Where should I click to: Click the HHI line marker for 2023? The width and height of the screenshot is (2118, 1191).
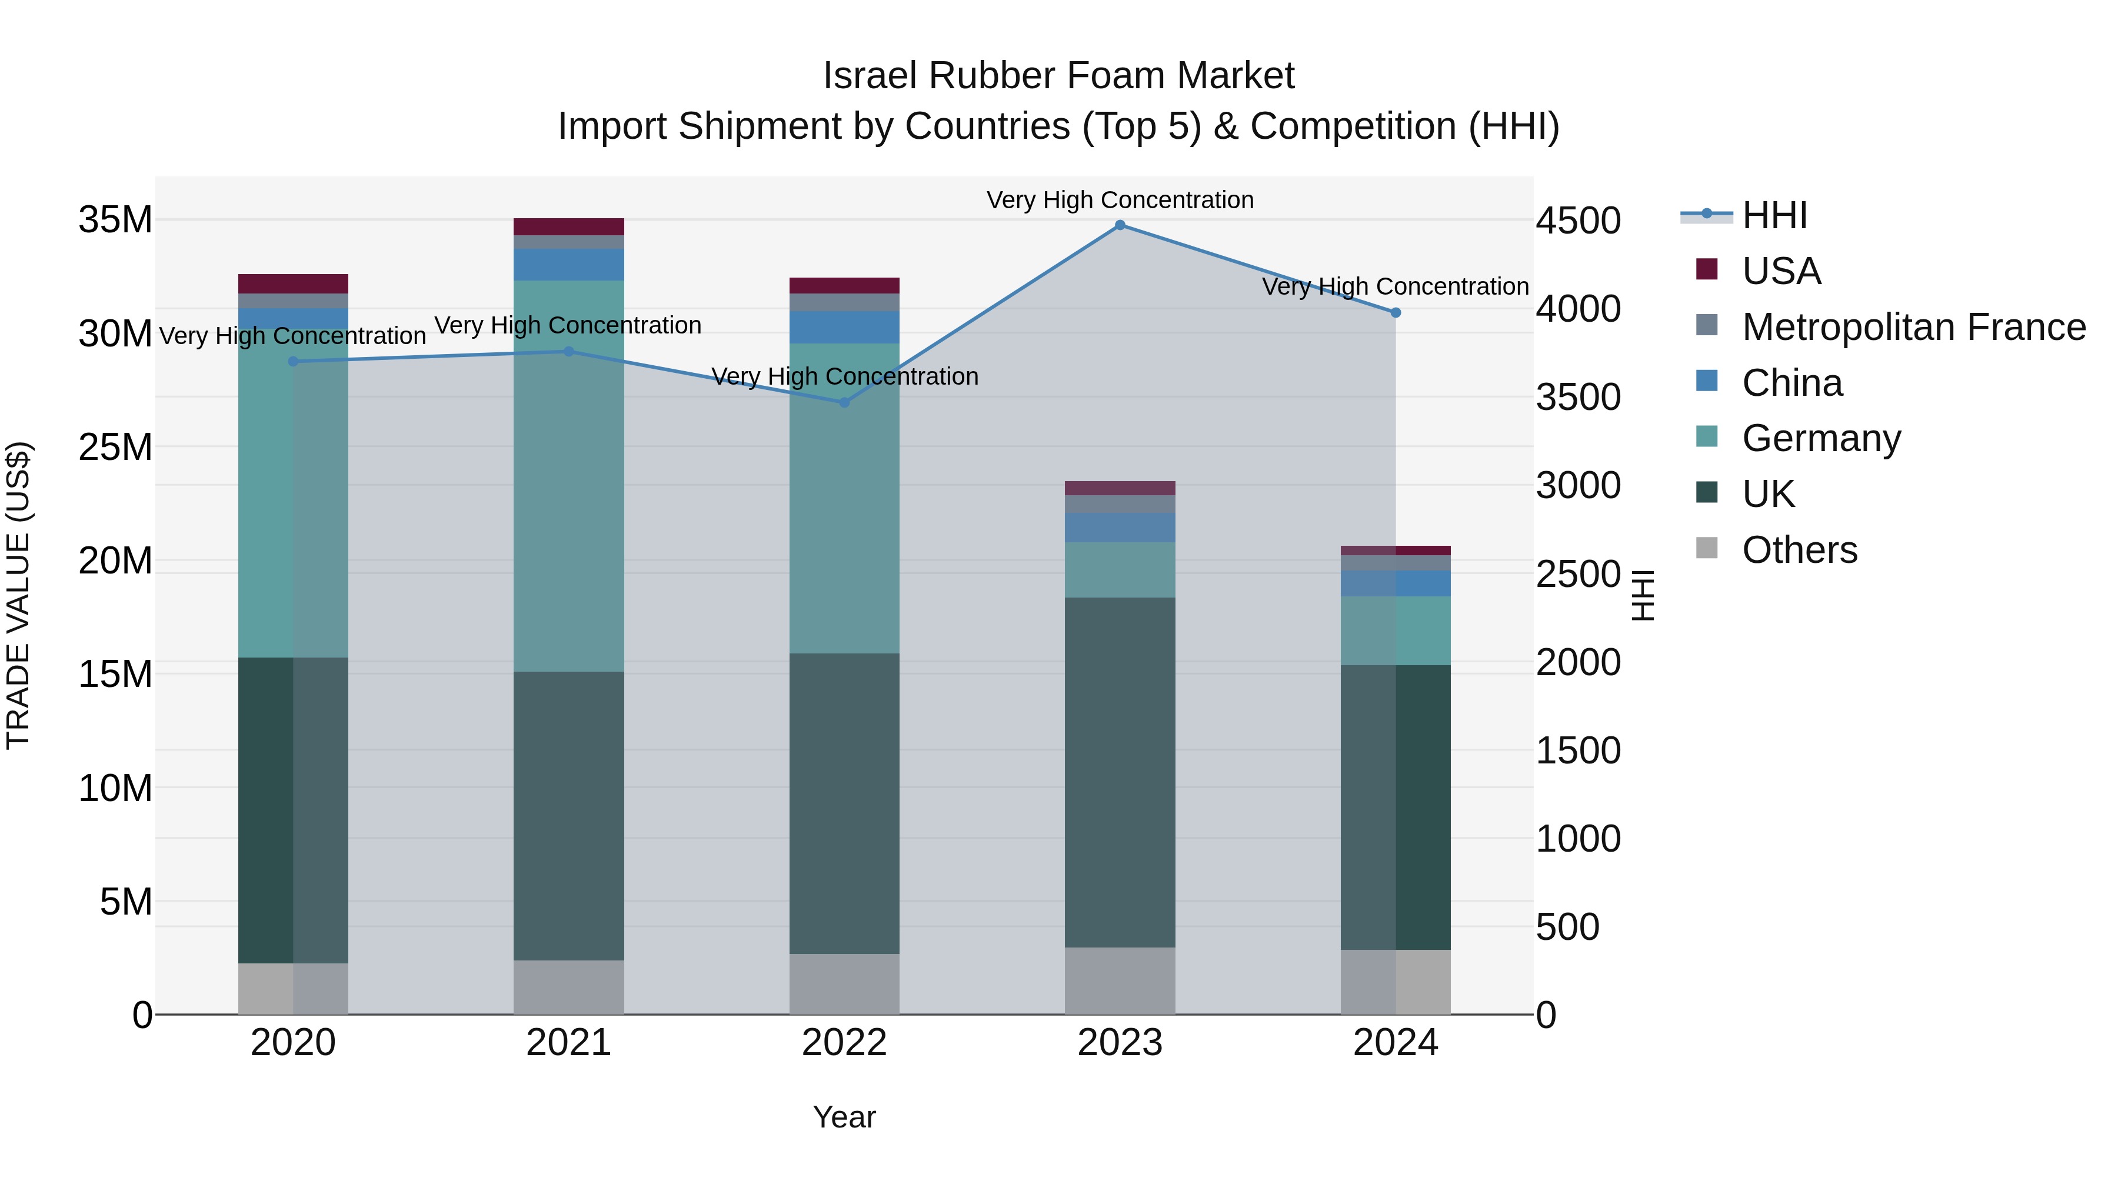[1120, 225]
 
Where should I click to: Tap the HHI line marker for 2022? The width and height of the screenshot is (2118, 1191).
[844, 402]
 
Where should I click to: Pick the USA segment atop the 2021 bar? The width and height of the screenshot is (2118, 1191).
[568, 227]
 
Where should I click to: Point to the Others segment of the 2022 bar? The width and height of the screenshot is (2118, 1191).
[844, 984]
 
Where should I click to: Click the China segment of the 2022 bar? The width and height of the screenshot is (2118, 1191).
[844, 327]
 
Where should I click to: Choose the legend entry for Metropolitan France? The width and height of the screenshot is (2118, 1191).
[1913, 327]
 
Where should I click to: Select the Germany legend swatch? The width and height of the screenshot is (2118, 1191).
[1707, 438]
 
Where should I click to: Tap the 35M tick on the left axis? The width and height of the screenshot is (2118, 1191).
[115, 221]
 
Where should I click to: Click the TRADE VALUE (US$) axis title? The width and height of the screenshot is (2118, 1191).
[19, 595]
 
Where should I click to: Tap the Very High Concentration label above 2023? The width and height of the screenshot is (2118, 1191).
[1120, 200]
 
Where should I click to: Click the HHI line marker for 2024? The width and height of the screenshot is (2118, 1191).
[1396, 312]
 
